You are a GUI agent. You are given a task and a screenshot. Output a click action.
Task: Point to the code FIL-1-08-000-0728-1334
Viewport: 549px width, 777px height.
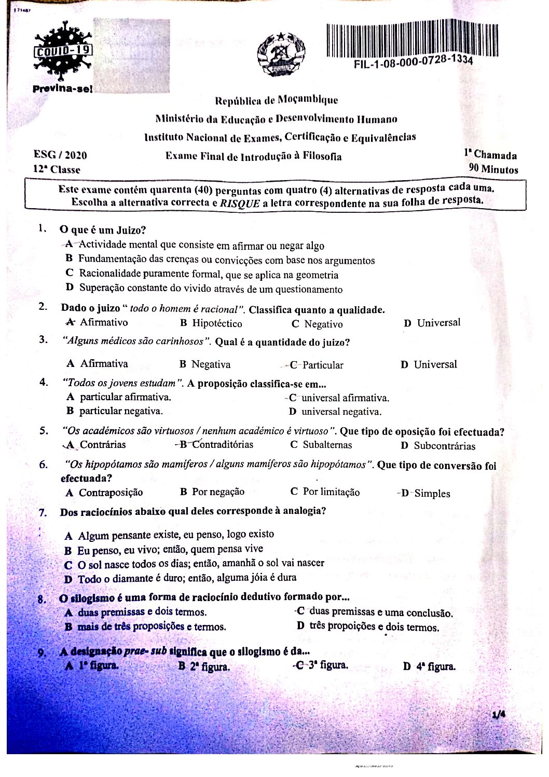[413, 63]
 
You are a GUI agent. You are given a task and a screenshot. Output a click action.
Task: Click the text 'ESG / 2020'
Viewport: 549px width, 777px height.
[60, 155]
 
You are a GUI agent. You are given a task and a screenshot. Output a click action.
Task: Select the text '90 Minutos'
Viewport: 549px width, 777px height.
[493, 169]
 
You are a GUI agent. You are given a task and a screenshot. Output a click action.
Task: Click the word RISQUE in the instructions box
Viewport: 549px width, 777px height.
[239, 203]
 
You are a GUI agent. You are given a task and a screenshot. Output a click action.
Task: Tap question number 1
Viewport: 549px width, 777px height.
[43, 228]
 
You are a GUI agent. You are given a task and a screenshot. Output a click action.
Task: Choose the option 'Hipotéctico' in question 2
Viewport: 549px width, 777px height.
[217, 323]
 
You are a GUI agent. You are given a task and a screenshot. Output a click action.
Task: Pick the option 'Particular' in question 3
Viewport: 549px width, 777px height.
[322, 365]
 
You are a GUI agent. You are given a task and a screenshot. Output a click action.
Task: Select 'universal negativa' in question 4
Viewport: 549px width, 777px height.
[341, 412]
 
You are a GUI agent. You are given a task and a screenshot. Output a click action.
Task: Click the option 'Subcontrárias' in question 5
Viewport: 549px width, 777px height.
[444, 446]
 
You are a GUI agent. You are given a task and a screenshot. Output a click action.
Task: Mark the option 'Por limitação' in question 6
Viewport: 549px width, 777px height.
[331, 492]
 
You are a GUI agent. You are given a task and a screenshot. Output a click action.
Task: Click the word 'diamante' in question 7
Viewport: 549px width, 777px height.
[125, 578]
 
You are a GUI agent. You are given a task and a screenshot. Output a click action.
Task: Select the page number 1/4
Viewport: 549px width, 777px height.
[499, 715]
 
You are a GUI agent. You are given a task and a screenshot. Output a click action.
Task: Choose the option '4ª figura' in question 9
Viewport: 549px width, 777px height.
[435, 666]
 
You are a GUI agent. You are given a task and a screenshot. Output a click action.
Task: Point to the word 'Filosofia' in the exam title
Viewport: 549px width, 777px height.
[322, 156]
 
